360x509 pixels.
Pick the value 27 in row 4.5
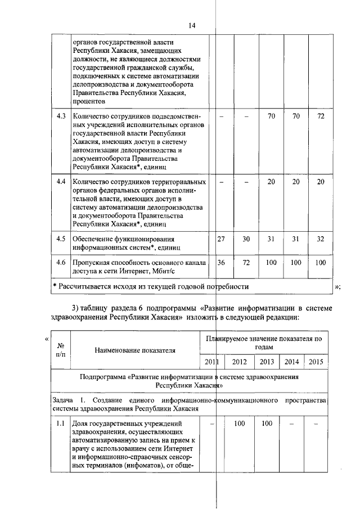221,238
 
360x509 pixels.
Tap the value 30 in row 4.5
246,238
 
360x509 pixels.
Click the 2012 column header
239,362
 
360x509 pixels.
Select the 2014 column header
291,362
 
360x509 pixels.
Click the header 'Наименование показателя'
134,350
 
